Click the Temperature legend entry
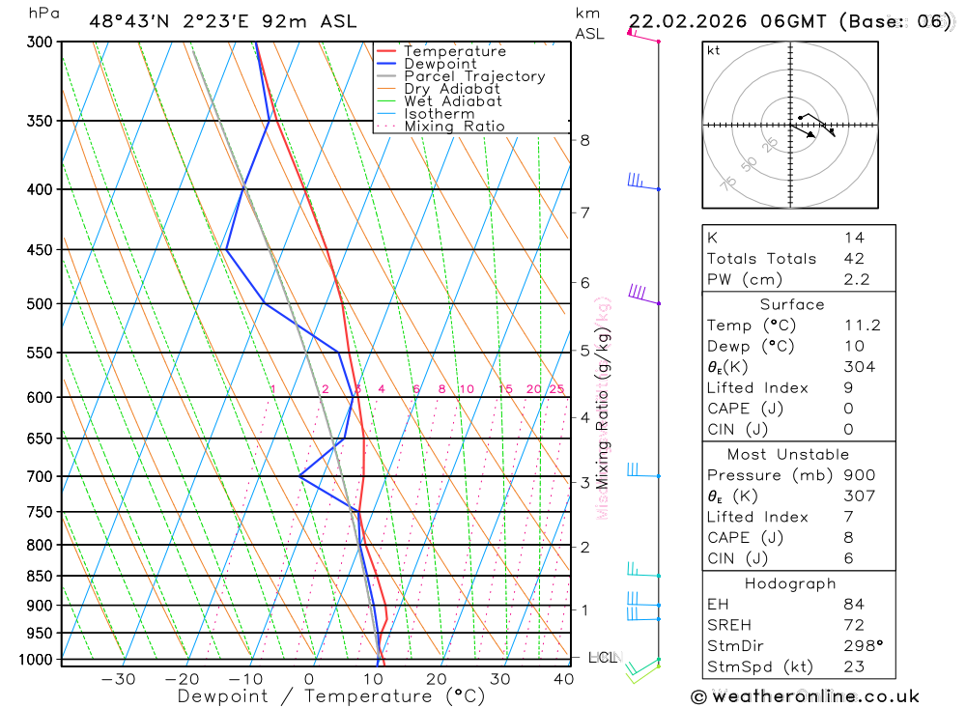[454, 51]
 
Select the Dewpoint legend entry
[440, 64]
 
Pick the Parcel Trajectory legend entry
[474, 76]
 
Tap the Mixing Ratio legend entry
[454, 127]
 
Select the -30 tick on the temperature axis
[119, 679]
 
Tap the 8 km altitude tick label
[584, 140]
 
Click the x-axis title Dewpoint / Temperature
[331, 696]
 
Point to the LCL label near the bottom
[603, 658]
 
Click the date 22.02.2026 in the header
[686, 21]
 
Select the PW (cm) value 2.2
[856, 280]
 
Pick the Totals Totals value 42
[853, 259]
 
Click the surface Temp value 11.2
[862, 326]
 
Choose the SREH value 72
[853, 626]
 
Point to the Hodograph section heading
[791, 584]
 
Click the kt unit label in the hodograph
[714, 50]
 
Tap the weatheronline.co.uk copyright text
[805, 696]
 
